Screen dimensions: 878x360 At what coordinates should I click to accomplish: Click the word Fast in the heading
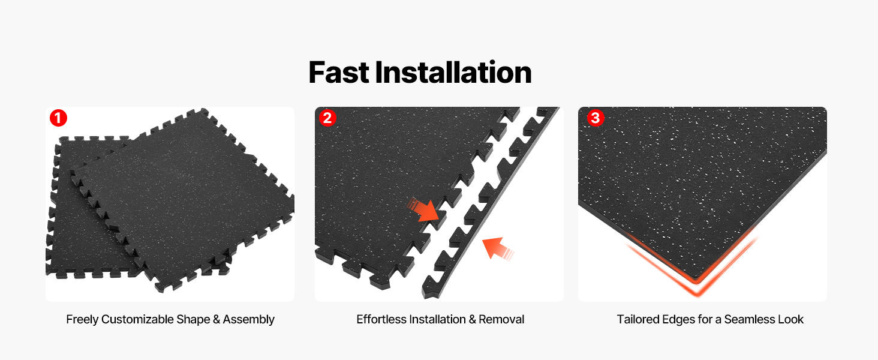coord(339,73)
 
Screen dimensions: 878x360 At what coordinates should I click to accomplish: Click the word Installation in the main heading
coord(453,73)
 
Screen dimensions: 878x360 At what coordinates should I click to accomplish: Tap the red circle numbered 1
coord(58,118)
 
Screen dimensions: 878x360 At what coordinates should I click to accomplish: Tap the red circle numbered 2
coord(327,118)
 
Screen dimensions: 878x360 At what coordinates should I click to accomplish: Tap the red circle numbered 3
coord(596,118)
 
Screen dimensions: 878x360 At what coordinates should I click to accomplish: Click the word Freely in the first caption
coord(82,320)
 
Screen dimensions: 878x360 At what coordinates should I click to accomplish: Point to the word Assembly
coord(248,320)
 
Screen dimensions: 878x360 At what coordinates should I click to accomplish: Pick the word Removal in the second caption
coord(501,319)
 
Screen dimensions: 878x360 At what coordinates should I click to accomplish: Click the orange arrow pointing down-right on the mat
coord(424,211)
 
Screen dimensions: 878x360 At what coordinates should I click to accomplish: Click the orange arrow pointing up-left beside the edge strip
coord(497,248)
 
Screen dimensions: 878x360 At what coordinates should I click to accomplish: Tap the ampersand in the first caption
coord(217,319)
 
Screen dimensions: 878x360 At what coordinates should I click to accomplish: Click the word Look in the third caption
coord(790,319)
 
